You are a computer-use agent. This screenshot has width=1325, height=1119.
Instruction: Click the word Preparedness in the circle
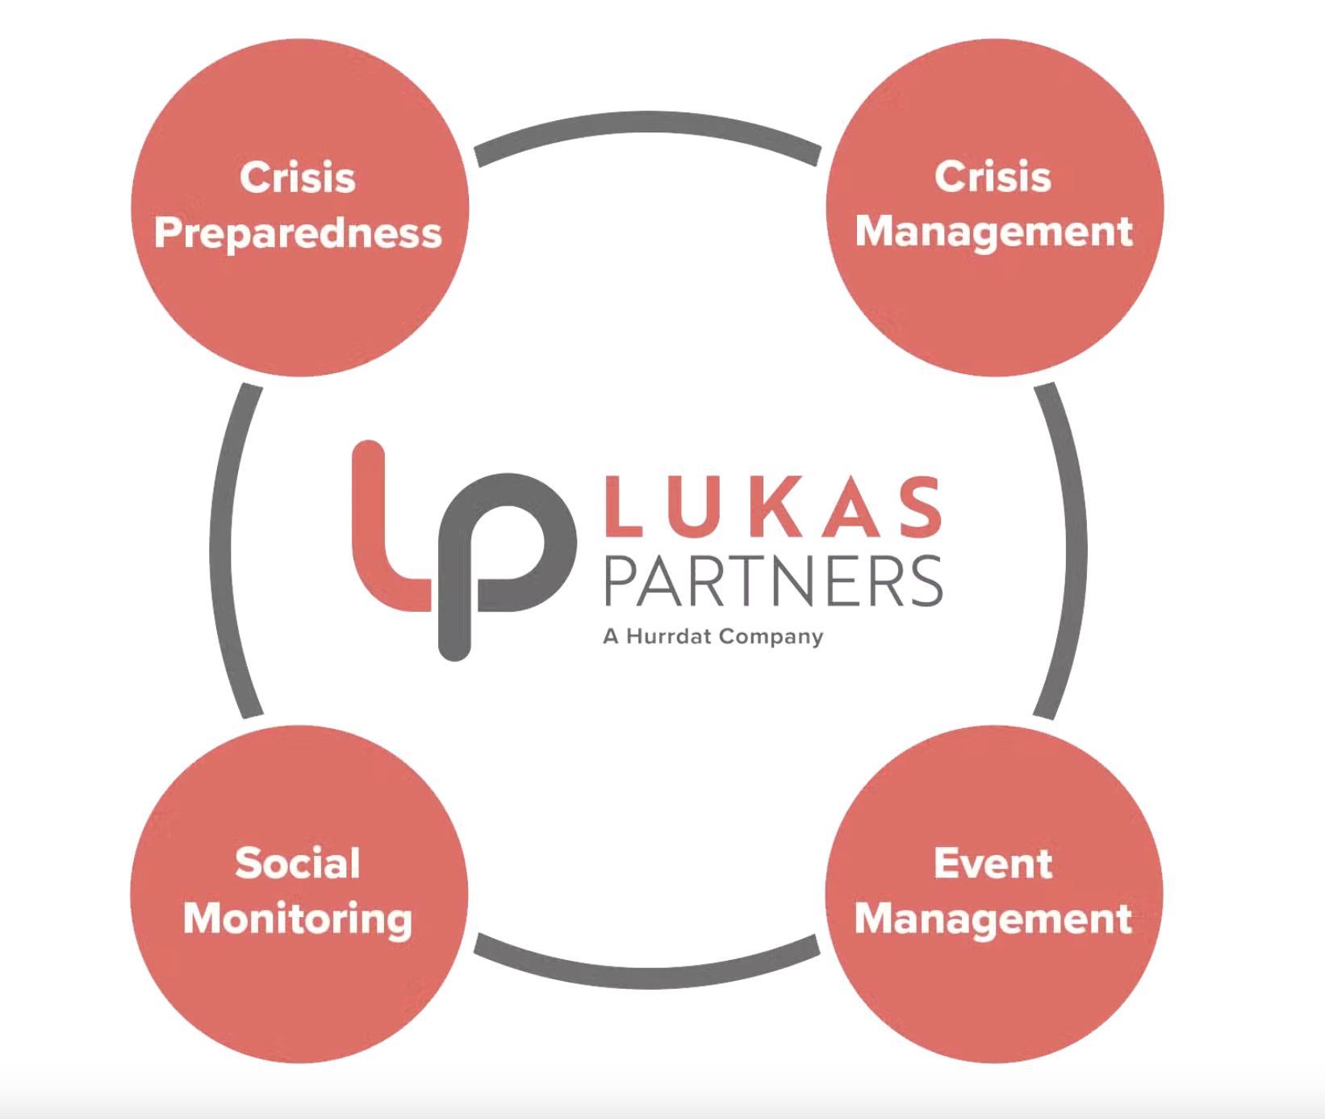(298, 233)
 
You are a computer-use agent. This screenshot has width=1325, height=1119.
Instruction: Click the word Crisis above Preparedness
(298, 178)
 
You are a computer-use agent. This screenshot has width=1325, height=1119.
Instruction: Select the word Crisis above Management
(993, 177)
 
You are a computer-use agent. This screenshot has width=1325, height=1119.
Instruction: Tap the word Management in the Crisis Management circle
(993, 232)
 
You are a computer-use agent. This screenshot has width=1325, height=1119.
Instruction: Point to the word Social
(298, 863)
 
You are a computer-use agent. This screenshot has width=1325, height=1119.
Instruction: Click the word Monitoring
(298, 919)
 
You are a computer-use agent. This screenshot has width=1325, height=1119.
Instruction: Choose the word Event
(993, 864)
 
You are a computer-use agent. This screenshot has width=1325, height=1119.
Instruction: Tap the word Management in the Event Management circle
(993, 919)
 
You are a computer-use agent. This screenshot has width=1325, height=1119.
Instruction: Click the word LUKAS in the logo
(773, 507)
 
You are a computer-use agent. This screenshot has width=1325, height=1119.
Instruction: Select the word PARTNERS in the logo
(773, 581)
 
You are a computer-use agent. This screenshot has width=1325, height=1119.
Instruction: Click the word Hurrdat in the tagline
(669, 636)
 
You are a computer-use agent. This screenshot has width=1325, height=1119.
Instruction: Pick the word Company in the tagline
(771, 637)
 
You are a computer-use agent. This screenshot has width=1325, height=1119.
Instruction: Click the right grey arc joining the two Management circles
(1075, 549)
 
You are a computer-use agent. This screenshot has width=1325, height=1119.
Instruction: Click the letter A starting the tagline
(611, 636)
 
